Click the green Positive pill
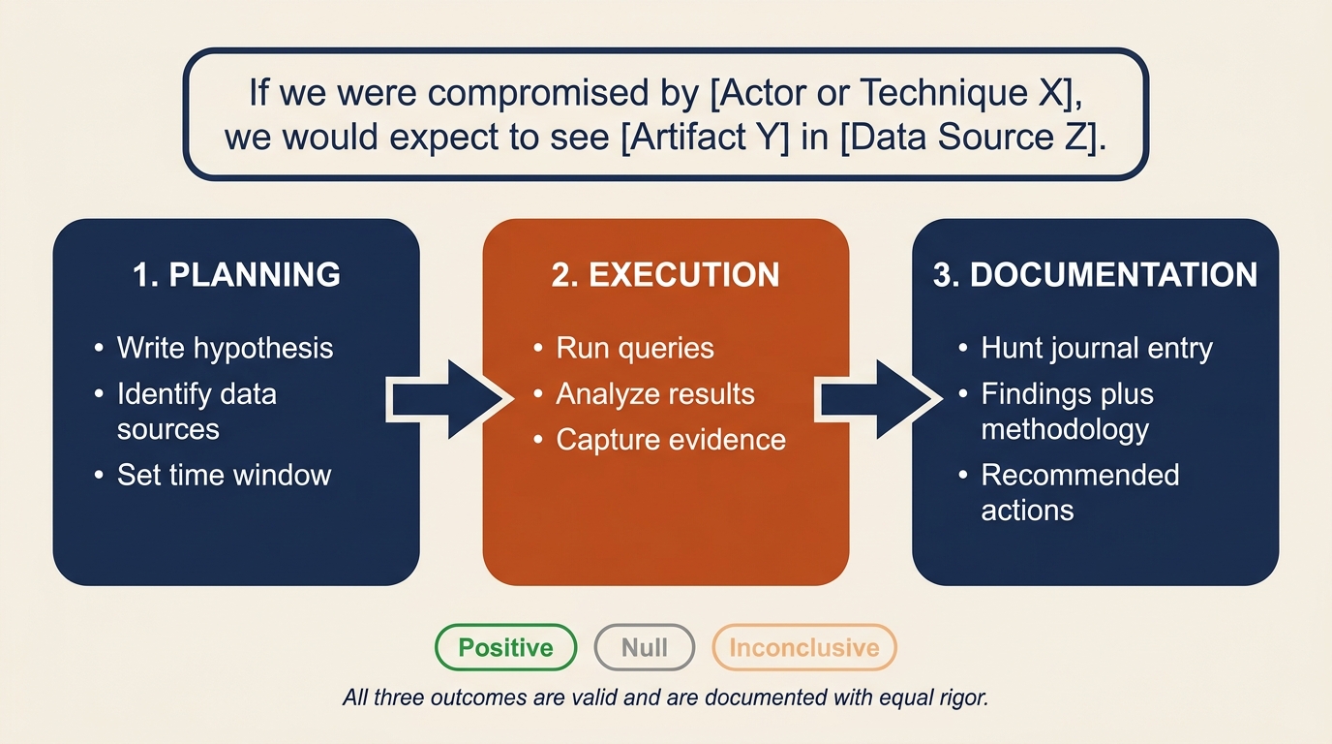505,648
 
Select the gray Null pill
644,648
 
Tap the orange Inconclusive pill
803,648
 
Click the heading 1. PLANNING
236,274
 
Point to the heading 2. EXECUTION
665,274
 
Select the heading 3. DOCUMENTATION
1095,274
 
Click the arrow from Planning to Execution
447,399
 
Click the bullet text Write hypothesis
225,348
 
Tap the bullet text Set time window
224,475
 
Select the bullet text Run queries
635,348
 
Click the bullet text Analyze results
654,394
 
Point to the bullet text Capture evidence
670,440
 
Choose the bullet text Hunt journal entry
1096,348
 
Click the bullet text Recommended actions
1079,492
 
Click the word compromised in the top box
530,93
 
